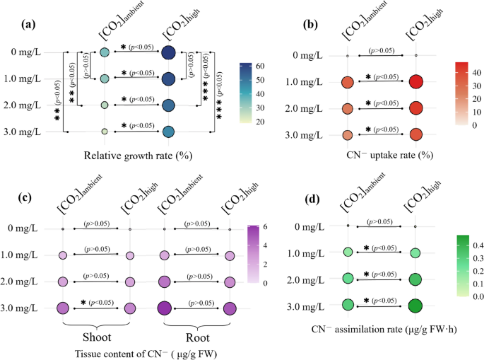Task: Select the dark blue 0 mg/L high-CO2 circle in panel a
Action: click(168, 52)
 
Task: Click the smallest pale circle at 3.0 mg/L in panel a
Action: click(104, 132)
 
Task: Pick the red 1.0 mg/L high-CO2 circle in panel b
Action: click(415, 82)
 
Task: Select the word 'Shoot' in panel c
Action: click(96, 335)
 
